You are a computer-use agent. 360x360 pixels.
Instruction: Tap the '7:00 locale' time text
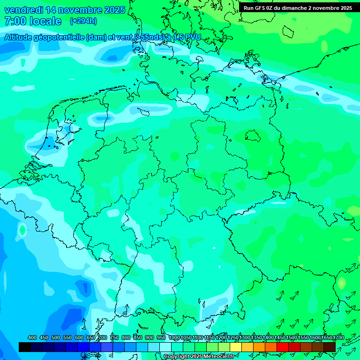coord(33,21)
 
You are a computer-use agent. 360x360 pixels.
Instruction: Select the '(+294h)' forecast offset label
coord(83,21)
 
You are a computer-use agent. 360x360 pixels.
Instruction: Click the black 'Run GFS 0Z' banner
coord(298,8)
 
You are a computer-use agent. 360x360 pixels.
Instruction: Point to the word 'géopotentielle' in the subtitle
coord(58,37)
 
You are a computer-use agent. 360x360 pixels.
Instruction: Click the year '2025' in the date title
coord(113,10)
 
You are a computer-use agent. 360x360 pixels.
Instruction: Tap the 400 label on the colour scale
coord(32,337)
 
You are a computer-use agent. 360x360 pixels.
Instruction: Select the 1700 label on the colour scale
coord(338,337)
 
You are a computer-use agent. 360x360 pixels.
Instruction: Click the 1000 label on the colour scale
coord(174,337)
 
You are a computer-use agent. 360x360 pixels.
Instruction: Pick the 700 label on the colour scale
coord(102,337)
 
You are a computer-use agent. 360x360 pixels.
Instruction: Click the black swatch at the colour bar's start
coord(25,347)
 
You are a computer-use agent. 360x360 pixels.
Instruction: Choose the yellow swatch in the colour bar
coord(236,347)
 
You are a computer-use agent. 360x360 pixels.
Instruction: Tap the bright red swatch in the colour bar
coord(283,347)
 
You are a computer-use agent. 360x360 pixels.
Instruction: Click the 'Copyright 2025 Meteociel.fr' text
coord(199,357)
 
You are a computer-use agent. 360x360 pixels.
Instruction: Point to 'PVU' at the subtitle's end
coord(192,37)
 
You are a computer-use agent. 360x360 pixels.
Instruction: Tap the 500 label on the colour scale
coord(55,337)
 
